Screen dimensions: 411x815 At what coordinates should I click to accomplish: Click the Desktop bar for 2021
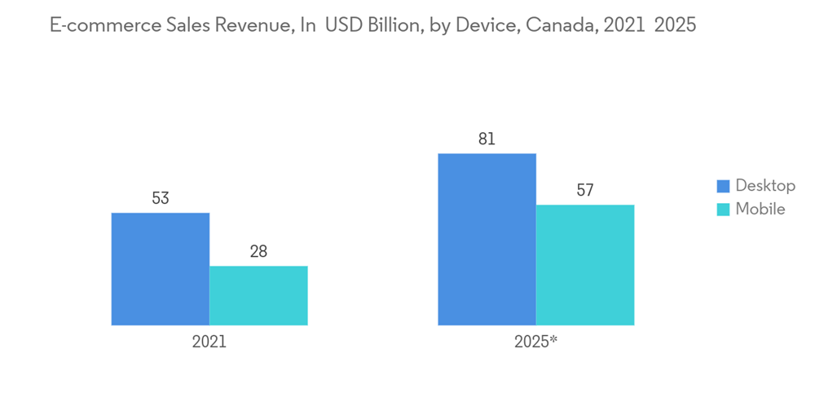160,269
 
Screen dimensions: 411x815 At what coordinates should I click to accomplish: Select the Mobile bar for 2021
258,295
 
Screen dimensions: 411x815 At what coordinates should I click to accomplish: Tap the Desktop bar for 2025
487,239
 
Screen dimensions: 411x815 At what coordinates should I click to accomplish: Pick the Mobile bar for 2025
584,265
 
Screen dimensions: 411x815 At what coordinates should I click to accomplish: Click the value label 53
160,198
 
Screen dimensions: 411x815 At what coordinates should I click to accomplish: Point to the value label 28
258,251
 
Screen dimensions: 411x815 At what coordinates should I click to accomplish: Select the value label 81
487,139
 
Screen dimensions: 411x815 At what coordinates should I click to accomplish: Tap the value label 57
584,191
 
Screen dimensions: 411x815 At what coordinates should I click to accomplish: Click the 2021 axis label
209,342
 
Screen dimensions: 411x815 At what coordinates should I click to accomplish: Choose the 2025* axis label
535,342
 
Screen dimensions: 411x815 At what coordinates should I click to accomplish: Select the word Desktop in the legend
765,186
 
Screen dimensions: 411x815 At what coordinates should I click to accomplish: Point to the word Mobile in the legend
760,210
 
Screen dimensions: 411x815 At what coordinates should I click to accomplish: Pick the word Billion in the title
394,25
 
